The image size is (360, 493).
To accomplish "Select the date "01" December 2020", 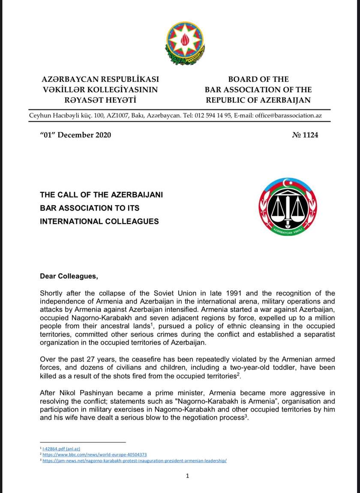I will click(x=75, y=135).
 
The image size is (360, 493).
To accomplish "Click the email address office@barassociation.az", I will click(x=288, y=116).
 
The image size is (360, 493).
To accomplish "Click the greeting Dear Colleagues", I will click(x=69, y=276).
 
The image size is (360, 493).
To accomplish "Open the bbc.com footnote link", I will click(x=95, y=454).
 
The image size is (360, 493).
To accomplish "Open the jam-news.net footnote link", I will click(x=134, y=461).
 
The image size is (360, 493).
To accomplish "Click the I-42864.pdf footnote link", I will click(x=59, y=448).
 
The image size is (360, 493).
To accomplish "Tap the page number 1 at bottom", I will click(x=187, y=475).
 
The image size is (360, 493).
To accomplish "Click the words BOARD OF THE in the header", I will click(x=258, y=79).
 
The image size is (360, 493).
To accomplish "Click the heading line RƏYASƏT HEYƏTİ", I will click(x=100, y=100).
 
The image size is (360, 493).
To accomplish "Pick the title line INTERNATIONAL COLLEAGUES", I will click(x=99, y=221).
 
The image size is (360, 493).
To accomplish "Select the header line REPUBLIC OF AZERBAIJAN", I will click(x=258, y=100).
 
